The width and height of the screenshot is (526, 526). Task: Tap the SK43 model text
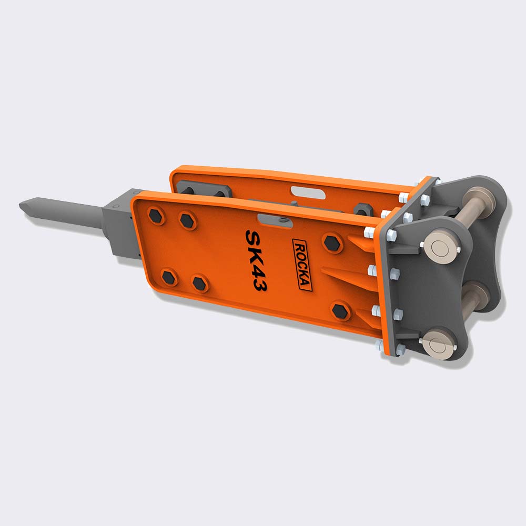point(256,260)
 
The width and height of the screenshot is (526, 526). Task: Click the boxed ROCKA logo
point(302,265)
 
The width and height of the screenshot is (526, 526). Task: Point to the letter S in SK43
point(252,238)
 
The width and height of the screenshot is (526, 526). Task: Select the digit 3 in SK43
point(260,285)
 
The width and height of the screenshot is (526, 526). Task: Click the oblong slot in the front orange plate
point(275,221)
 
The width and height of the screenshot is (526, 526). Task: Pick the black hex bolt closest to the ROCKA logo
point(332,243)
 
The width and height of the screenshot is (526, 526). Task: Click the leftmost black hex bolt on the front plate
point(156,216)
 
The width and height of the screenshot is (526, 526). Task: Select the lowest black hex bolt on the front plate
point(340,311)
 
